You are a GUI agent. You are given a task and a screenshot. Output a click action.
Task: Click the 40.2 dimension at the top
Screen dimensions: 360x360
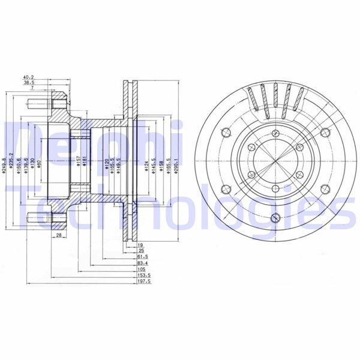tap(28, 77)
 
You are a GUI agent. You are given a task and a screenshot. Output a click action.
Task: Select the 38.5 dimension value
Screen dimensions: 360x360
tap(28, 83)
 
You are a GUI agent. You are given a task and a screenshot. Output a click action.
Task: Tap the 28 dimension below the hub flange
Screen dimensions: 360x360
tap(59, 236)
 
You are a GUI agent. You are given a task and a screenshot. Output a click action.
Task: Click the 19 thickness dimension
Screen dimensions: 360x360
tap(140, 246)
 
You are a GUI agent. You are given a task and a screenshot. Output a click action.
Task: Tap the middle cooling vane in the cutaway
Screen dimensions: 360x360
tap(275, 99)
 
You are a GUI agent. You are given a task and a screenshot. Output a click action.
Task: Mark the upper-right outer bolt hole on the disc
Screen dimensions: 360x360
tap(324, 133)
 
